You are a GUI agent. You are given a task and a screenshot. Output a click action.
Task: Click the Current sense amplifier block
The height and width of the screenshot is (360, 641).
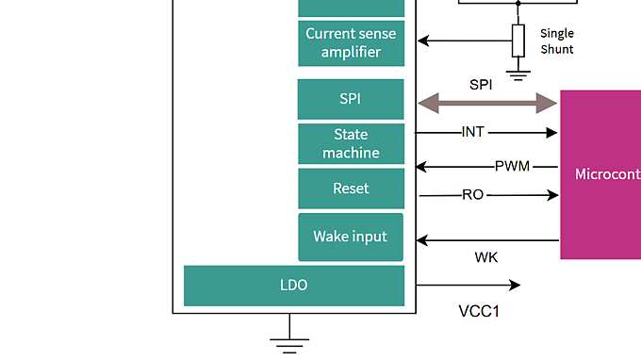351,43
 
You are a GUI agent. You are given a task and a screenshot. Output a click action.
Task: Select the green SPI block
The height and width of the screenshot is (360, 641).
351,99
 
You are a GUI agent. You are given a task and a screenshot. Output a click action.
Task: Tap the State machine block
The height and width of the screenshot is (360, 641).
351,144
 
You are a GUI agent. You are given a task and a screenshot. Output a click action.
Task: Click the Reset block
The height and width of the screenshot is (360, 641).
351,188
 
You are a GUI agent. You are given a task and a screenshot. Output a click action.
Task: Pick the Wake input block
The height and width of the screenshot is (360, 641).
351,237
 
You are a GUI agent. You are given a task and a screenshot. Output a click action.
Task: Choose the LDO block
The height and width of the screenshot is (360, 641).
294,286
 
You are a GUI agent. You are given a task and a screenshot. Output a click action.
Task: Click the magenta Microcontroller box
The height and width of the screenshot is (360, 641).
600,174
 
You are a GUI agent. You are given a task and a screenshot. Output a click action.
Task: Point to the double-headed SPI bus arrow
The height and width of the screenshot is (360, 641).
487,104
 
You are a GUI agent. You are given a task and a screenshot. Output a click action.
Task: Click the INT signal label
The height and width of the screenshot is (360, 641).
474,133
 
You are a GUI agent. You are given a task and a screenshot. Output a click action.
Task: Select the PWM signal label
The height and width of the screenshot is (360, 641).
513,167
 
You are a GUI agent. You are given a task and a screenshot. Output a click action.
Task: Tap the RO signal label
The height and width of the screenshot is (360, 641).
473,195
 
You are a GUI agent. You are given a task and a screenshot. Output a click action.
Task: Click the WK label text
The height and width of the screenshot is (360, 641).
486,257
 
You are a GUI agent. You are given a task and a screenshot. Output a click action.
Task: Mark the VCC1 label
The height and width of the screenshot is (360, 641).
479,312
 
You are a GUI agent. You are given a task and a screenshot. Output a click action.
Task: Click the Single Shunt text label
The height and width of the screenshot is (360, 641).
556,41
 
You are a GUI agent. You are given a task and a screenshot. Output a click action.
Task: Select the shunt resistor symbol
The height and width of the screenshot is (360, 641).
518,41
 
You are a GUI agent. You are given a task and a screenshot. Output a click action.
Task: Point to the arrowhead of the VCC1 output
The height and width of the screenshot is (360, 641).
514,285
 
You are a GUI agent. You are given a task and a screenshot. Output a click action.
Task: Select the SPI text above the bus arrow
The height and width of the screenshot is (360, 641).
481,84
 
